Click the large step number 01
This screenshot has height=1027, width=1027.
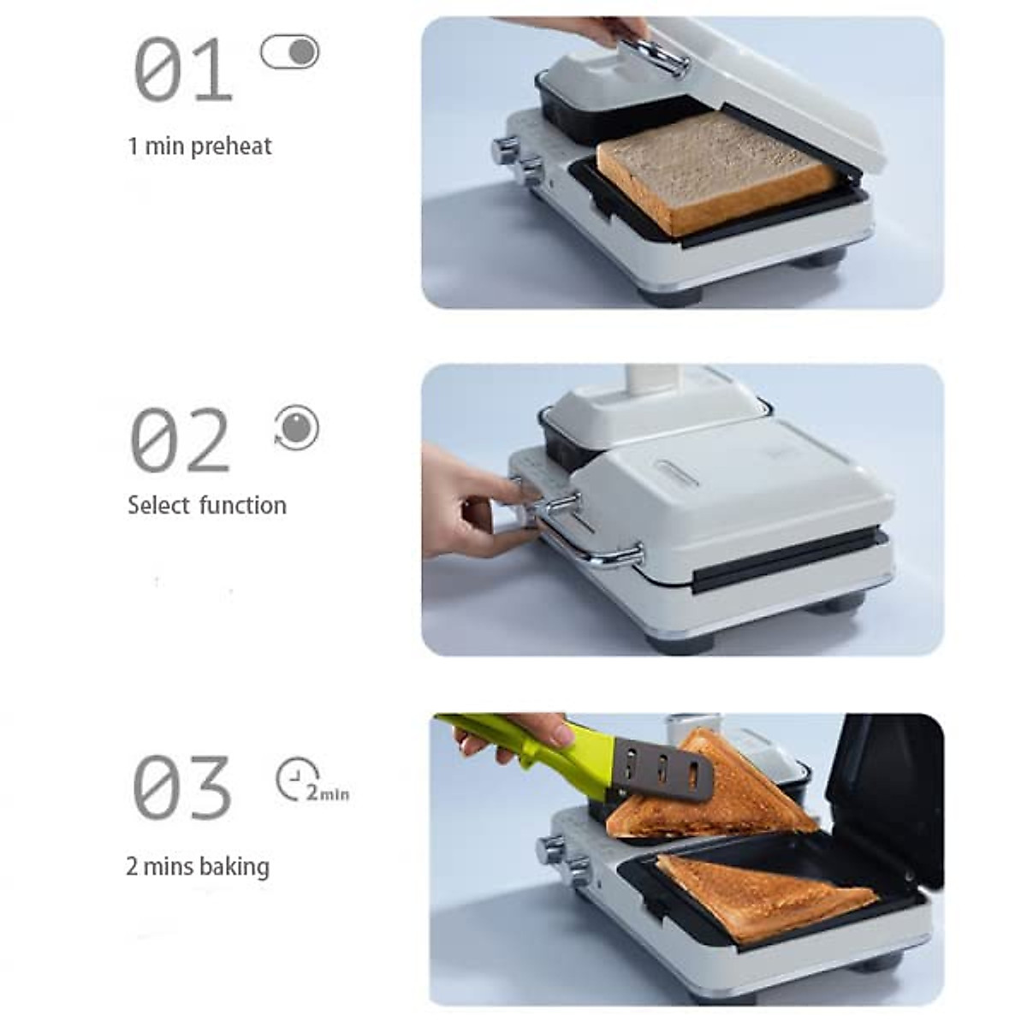182,70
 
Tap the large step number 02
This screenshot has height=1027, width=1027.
180,440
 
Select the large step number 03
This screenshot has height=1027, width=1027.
181,787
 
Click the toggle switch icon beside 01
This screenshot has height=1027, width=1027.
289,52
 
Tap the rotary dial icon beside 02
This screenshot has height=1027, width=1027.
296,427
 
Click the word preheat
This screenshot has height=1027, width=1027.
231,146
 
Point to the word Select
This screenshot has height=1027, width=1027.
158,505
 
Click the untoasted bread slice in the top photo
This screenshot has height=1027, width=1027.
715,172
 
